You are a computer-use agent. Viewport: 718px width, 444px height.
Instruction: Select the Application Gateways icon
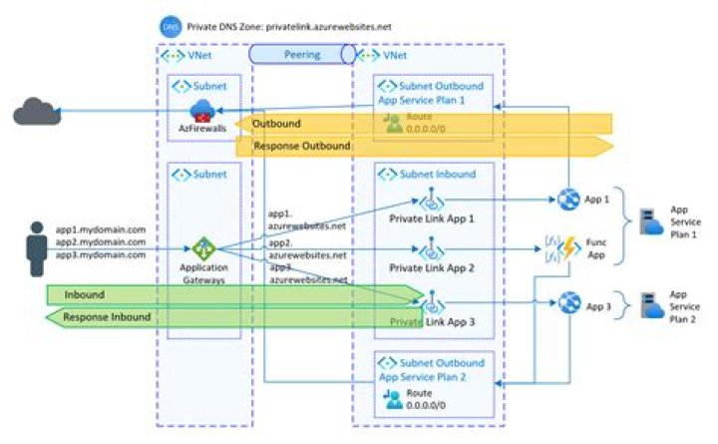click(204, 249)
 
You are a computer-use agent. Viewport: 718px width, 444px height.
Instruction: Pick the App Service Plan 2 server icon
click(649, 304)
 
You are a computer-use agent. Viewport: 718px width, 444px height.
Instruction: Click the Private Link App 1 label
click(432, 220)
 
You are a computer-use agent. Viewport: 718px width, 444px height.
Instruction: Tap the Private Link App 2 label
click(432, 267)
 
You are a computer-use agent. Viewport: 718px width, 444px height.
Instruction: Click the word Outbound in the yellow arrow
click(276, 123)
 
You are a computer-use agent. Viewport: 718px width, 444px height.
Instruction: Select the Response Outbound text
click(302, 146)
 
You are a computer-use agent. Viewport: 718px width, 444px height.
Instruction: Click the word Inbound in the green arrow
click(86, 294)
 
